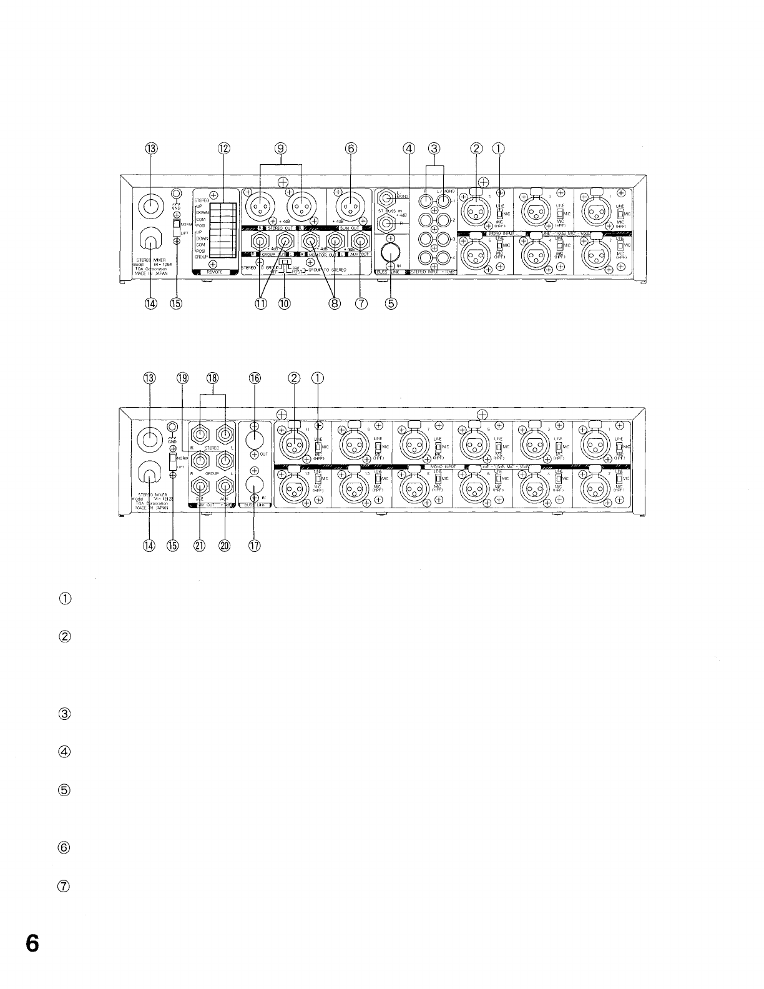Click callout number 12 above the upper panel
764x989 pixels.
(x=223, y=149)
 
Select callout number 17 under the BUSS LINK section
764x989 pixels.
(x=254, y=545)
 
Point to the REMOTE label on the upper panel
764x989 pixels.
(x=213, y=272)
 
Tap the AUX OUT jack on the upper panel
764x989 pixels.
(x=360, y=242)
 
